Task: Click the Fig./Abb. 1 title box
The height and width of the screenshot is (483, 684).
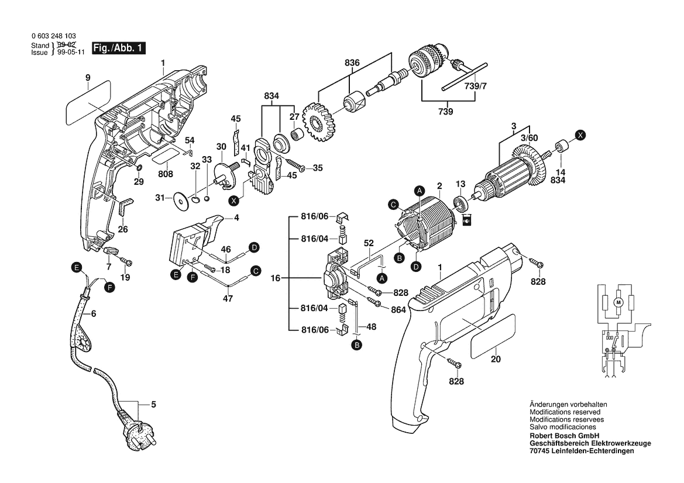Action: pyautogui.click(x=118, y=49)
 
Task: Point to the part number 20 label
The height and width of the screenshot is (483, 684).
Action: pyautogui.click(x=496, y=359)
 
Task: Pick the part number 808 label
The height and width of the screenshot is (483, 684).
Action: pyautogui.click(x=166, y=174)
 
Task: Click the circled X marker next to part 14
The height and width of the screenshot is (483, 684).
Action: pyautogui.click(x=580, y=134)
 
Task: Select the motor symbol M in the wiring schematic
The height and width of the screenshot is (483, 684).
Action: pyautogui.click(x=617, y=302)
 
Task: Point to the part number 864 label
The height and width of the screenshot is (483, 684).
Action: pyautogui.click(x=398, y=310)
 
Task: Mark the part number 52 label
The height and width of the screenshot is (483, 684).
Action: pyautogui.click(x=369, y=243)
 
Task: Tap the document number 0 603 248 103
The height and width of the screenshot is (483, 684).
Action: pyautogui.click(x=54, y=36)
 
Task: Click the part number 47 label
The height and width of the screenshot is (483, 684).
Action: pyautogui.click(x=228, y=298)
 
